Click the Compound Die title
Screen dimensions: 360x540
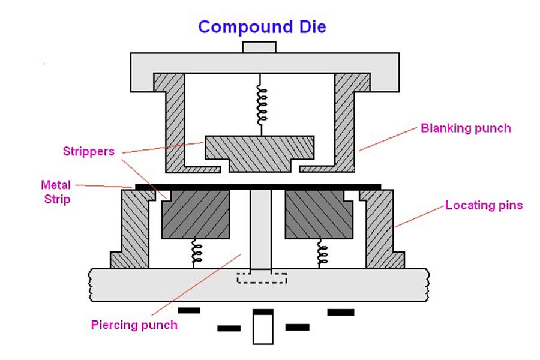point(262,27)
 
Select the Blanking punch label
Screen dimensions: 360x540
point(466,128)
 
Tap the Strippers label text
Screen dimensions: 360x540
point(88,151)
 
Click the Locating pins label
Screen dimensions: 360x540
point(484,206)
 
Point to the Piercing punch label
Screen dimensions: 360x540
point(134,325)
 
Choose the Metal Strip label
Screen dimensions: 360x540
point(55,191)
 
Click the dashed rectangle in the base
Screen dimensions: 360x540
point(262,278)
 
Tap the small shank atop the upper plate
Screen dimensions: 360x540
point(259,47)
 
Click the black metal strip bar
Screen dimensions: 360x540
point(258,187)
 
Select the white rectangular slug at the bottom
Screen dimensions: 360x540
point(262,329)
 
